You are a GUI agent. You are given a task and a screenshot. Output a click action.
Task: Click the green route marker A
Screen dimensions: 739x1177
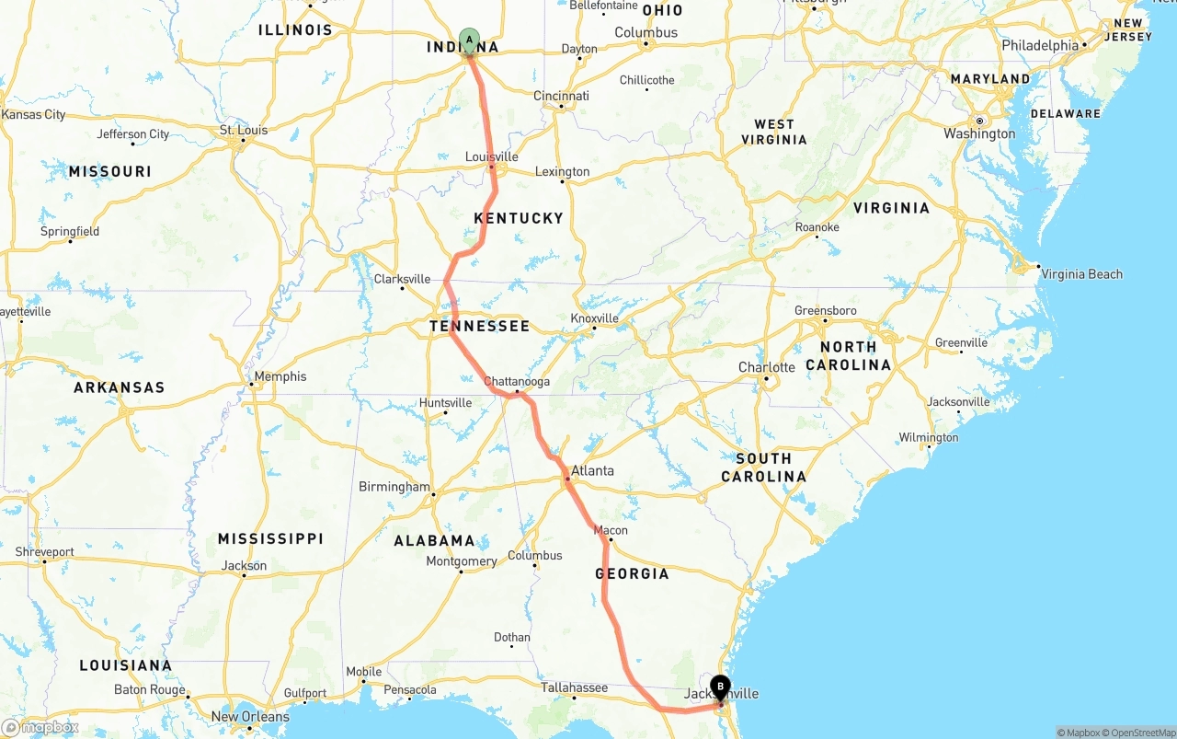coord(470,40)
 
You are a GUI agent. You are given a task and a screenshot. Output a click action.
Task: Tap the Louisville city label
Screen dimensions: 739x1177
coord(491,156)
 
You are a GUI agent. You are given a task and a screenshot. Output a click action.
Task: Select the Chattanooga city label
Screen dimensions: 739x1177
coord(517,381)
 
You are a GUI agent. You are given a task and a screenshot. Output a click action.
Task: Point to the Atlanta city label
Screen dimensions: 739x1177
coord(592,470)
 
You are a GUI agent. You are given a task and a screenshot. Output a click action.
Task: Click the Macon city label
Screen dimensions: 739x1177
coord(611,530)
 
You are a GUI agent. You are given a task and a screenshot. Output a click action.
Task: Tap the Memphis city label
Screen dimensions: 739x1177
coord(280,376)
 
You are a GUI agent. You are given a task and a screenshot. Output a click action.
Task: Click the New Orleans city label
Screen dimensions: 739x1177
coord(250,716)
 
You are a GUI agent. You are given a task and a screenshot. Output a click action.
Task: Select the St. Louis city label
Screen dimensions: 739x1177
coord(244,130)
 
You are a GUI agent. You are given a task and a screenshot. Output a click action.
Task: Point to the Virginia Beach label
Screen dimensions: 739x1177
coord(1081,273)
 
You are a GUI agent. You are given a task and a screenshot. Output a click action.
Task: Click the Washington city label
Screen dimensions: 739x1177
coord(979,134)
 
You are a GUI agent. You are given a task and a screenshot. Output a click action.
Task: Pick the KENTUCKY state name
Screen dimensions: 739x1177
coord(519,218)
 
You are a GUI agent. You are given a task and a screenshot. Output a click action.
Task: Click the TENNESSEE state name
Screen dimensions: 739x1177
coord(479,326)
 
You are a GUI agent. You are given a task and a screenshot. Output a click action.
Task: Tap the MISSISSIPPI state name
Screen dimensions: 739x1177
coord(270,538)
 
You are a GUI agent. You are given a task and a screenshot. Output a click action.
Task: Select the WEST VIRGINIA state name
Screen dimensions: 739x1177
coord(774,132)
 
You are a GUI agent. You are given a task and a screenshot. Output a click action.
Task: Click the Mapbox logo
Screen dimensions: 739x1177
coord(40,727)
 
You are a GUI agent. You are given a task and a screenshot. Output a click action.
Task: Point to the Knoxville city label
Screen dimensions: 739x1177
coord(594,318)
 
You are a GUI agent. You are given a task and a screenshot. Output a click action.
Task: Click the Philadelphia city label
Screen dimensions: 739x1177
coord(1040,45)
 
